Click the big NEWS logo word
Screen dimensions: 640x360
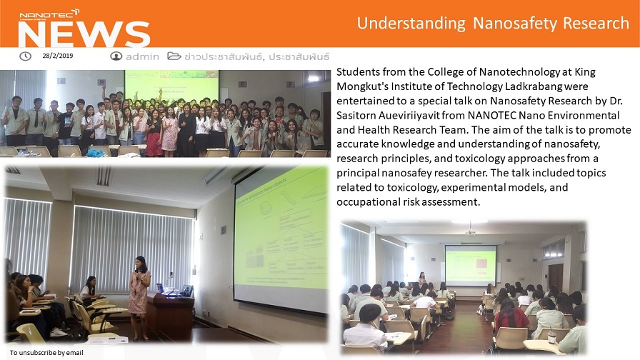pyautogui.click(x=84, y=34)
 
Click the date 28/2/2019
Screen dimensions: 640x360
pyautogui.click(x=58, y=56)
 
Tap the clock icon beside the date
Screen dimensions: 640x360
pyautogui.click(x=25, y=56)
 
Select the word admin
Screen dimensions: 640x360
pyautogui.click(x=142, y=56)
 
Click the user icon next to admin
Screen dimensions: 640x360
pyautogui.click(x=116, y=56)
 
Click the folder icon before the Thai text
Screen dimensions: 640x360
pyautogui.click(x=174, y=56)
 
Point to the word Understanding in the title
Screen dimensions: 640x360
pyautogui.click(x=411, y=24)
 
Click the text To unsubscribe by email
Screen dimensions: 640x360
pyautogui.click(x=46, y=353)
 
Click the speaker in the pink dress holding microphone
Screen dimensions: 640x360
pyautogui.click(x=139, y=298)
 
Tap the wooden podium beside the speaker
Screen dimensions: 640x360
pyautogui.click(x=170, y=314)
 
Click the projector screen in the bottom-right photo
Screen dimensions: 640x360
pyautogui.click(x=471, y=265)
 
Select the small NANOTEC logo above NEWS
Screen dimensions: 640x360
pyautogui.click(x=49, y=15)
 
